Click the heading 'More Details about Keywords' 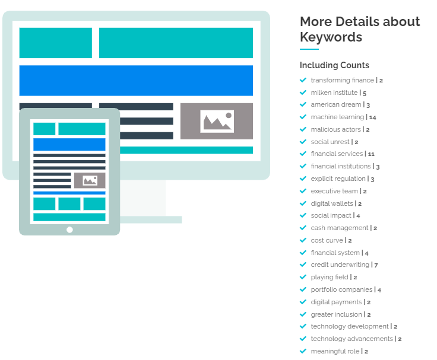point(359,29)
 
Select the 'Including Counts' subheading point(334,65)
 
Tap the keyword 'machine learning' point(337,117)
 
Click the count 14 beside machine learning point(373,117)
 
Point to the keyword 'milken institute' point(334,93)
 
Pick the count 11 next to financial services point(371,154)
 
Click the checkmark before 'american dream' point(303,104)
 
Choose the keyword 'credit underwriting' point(340,265)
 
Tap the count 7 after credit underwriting point(376,265)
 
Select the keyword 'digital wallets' point(332,203)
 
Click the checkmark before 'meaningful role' point(303,351)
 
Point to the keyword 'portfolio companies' point(341,289)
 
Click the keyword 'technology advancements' point(351,339)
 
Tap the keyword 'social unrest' point(330,142)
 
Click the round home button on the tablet point(69,230)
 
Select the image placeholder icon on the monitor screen point(217,122)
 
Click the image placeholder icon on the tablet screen point(90,180)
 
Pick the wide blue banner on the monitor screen point(136,80)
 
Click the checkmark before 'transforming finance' point(303,80)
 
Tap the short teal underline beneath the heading point(309,49)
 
